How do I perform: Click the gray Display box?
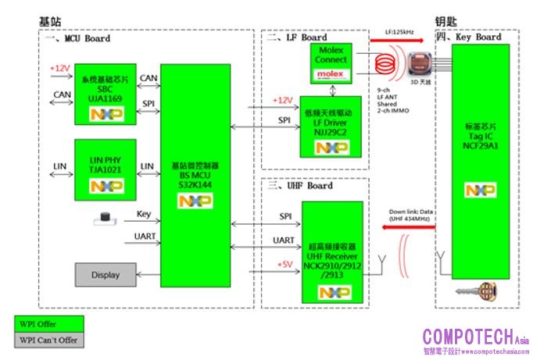106,275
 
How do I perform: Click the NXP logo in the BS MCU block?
195,201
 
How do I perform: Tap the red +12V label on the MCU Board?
59,68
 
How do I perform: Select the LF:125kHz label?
400,32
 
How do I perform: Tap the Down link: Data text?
410,211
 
